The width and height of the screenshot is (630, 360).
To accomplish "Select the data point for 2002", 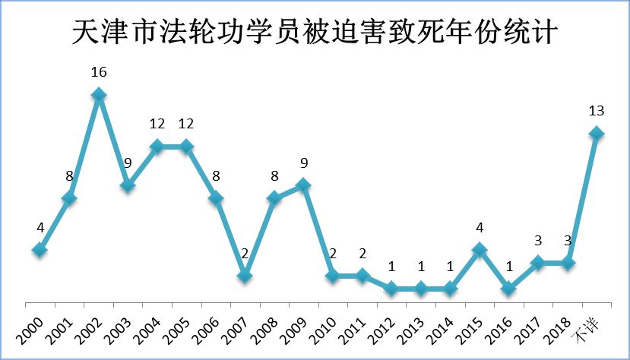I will tap(98, 95).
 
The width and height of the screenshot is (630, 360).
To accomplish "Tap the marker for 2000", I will tap(40, 250).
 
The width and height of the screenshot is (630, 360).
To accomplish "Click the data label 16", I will tap(98, 73).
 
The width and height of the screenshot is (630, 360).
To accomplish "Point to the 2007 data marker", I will tap(245, 276).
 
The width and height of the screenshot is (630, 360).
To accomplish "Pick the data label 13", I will tap(596, 112).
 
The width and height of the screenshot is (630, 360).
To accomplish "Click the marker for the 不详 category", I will tap(596, 134).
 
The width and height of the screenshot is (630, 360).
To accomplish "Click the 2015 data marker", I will tap(479, 250).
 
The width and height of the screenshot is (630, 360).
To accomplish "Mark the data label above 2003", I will tap(128, 163).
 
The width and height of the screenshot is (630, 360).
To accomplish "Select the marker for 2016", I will tap(508, 289).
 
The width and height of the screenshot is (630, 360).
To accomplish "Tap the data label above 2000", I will tap(40, 227).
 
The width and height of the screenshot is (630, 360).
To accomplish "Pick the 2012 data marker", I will tap(391, 289).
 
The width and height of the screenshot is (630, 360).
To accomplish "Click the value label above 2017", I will tap(537, 241).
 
